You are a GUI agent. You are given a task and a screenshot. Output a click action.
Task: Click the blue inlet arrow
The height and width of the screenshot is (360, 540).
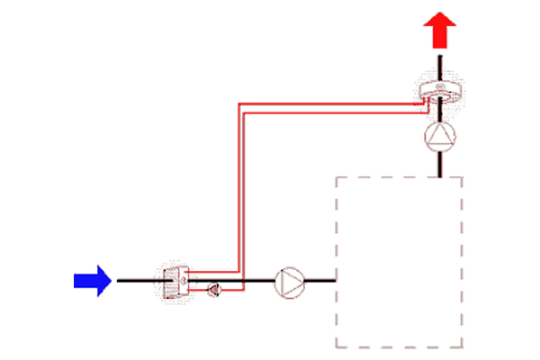[x=91, y=281]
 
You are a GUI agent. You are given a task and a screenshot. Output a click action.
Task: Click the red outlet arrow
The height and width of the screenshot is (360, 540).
[x=439, y=32]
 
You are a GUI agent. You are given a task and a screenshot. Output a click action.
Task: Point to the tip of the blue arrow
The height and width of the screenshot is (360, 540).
[x=111, y=281]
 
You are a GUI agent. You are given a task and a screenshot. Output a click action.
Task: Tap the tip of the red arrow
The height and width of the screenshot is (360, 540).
[x=439, y=16]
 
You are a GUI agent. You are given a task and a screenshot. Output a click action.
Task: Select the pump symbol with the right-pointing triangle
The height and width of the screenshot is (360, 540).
[x=290, y=281]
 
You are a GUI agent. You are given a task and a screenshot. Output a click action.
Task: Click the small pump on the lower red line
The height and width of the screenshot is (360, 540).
[x=214, y=289]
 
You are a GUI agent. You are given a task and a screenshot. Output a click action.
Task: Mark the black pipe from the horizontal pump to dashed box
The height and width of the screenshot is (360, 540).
[x=321, y=281]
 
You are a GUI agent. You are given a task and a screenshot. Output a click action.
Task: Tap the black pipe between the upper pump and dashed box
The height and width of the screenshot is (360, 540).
[x=439, y=164]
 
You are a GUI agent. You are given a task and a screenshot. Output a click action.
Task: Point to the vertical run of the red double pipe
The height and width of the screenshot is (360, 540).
[x=238, y=189]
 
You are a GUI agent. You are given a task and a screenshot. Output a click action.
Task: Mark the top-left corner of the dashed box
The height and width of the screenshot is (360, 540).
[x=336, y=177]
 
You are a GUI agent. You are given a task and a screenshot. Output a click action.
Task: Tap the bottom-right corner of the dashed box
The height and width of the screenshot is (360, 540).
[x=463, y=347]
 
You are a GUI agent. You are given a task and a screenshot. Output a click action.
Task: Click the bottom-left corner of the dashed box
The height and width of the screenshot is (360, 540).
[x=336, y=347]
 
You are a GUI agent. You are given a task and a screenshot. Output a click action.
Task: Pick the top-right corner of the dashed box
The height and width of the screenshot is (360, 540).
[x=463, y=177]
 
